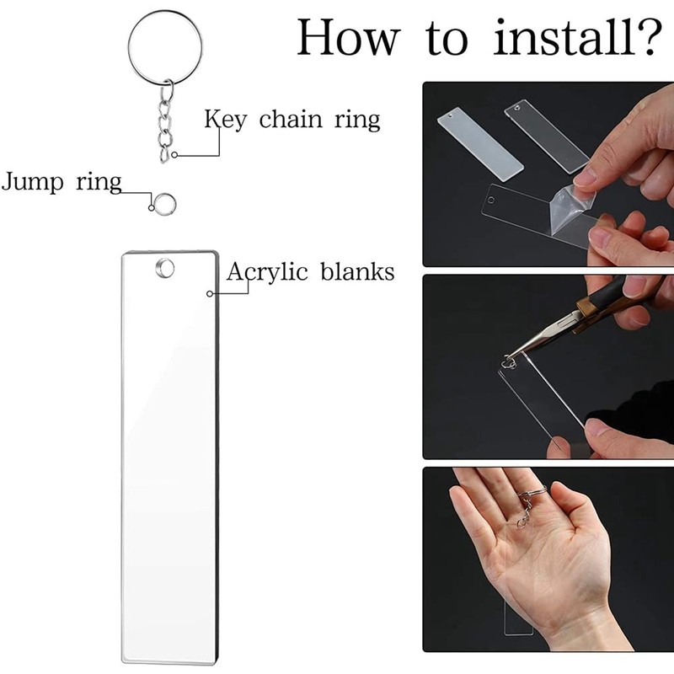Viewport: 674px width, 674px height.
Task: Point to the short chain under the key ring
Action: click(x=164, y=122)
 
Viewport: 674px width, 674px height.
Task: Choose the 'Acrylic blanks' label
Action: click(x=310, y=272)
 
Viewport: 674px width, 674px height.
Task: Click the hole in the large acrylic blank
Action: click(x=165, y=268)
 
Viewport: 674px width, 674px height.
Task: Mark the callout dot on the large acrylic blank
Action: click(x=210, y=293)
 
